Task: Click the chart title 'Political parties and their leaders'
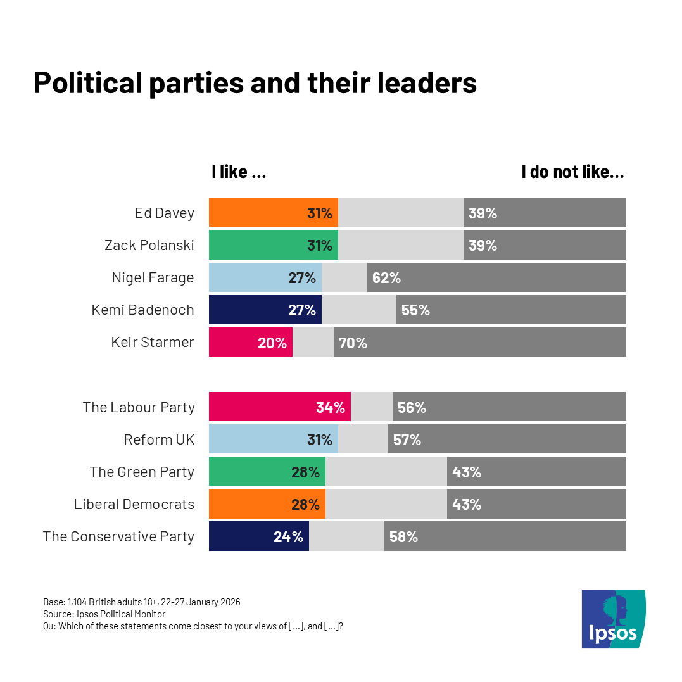[255, 83]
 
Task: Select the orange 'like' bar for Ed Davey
[273, 213]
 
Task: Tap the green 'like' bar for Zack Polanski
[273, 245]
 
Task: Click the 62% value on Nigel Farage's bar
[386, 277]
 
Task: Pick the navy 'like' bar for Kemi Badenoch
[265, 310]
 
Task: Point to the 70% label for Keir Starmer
[353, 343]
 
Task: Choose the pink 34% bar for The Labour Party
[279, 407]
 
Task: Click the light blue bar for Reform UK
[273, 439]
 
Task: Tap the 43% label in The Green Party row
[467, 472]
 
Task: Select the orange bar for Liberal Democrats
[267, 504]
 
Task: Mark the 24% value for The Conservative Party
[288, 536]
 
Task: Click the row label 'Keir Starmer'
[153, 343]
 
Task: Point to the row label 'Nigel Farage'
[153, 277]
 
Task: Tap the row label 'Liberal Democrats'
[134, 504]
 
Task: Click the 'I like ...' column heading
[239, 172]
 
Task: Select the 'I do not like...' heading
[572, 172]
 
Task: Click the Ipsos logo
[613, 619]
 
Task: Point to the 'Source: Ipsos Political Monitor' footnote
[104, 614]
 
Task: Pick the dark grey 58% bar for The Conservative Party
[505, 536]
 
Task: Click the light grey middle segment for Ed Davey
[400, 213]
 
